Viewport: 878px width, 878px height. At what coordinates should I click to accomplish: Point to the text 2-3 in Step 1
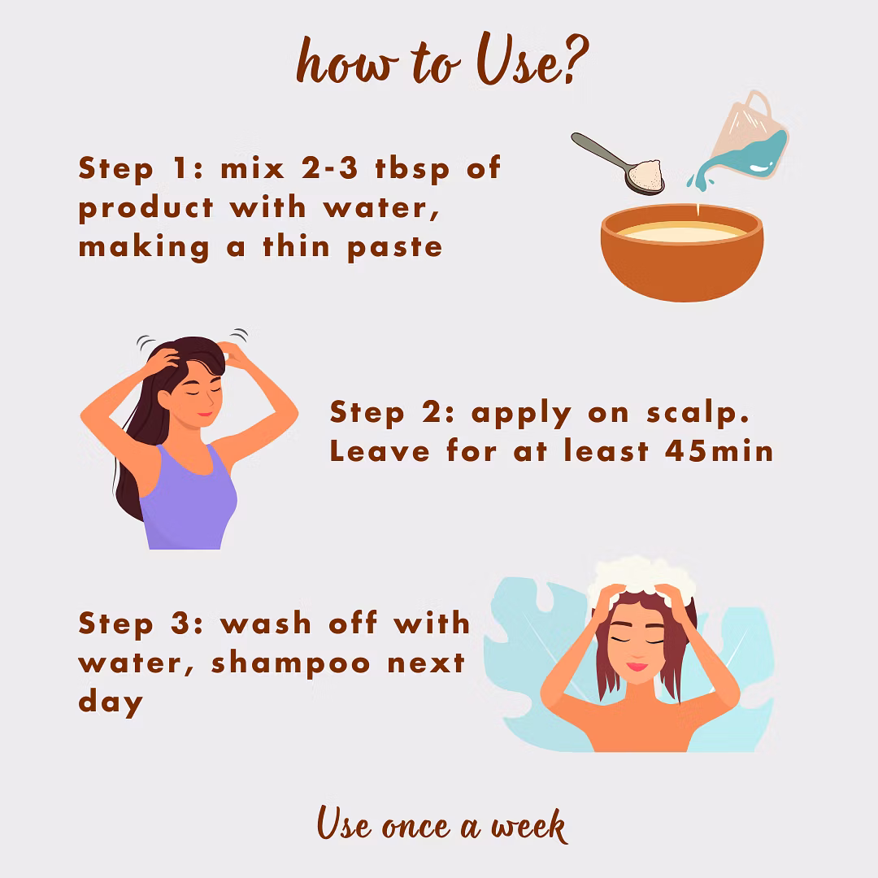pos(329,167)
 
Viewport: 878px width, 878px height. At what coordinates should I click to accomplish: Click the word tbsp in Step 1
pos(412,168)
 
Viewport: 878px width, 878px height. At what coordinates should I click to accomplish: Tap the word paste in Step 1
pos(395,248)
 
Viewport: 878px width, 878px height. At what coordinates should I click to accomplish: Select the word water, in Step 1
pos(380,209)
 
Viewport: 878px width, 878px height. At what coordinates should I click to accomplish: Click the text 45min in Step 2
pos(719,450)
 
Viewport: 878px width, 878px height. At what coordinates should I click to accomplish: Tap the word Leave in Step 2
pos(380,450)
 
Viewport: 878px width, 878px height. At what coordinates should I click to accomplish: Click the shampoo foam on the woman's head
pos(641,576)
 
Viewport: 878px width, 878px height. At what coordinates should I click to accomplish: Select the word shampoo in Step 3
pos(290,663)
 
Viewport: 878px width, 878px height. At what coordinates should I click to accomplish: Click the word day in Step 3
pos(111,703)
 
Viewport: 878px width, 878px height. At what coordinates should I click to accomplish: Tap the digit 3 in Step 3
pos(180,624)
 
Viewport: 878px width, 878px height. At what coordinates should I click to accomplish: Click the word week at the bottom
pos(529,827)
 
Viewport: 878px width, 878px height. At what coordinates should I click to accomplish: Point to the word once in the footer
pos(416,828)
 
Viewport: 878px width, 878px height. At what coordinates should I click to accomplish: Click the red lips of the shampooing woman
pos(637,667)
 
